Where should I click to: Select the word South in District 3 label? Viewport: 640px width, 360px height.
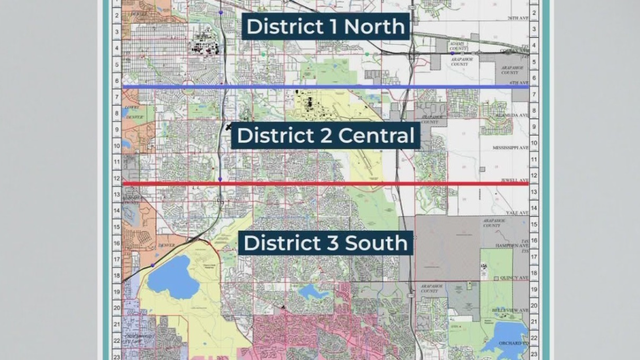coord(374,243)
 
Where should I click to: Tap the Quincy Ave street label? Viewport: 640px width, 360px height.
coord(509,271)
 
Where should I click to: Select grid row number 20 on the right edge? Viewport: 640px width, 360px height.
coord(537,299)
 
